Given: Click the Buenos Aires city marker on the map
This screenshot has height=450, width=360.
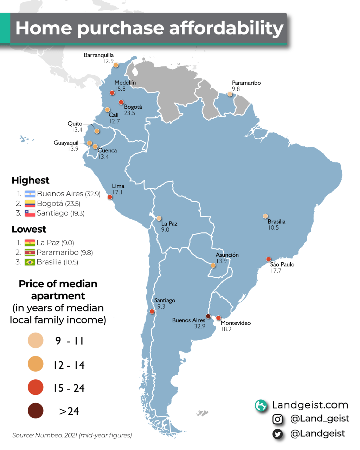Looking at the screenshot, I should [208, 316].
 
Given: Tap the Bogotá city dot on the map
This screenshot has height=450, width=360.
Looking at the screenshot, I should [121, 102].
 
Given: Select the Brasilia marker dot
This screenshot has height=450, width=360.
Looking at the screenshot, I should [265, 216].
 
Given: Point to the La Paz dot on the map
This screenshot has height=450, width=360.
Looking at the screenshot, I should [159, 218].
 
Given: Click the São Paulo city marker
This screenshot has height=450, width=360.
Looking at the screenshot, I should [269, 259].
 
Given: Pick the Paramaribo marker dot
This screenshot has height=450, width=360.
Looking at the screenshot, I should [230, 94].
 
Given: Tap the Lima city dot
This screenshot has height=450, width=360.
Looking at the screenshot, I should [110, 197].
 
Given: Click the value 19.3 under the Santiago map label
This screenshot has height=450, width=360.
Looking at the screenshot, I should [160, 307].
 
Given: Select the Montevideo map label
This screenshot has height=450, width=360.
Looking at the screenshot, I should [236, 323].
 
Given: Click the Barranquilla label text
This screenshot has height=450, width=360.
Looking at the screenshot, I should [99, 55].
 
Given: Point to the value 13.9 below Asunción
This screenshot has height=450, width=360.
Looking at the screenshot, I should [221, 261].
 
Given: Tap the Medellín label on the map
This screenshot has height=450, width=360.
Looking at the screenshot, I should [125, 83].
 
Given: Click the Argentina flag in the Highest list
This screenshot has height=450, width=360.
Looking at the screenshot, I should [30, 194].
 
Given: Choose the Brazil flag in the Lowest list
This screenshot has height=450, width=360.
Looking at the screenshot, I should [30, 262].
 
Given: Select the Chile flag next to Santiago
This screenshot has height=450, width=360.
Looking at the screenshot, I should [30, 213].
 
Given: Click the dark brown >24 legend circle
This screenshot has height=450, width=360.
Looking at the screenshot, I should [36, 411].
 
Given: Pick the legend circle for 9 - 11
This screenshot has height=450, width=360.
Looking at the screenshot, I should [36, 340].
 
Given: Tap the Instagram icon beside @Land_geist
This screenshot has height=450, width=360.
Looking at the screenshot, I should [278, 419].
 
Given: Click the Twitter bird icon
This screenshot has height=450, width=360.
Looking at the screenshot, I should [278, 434].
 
